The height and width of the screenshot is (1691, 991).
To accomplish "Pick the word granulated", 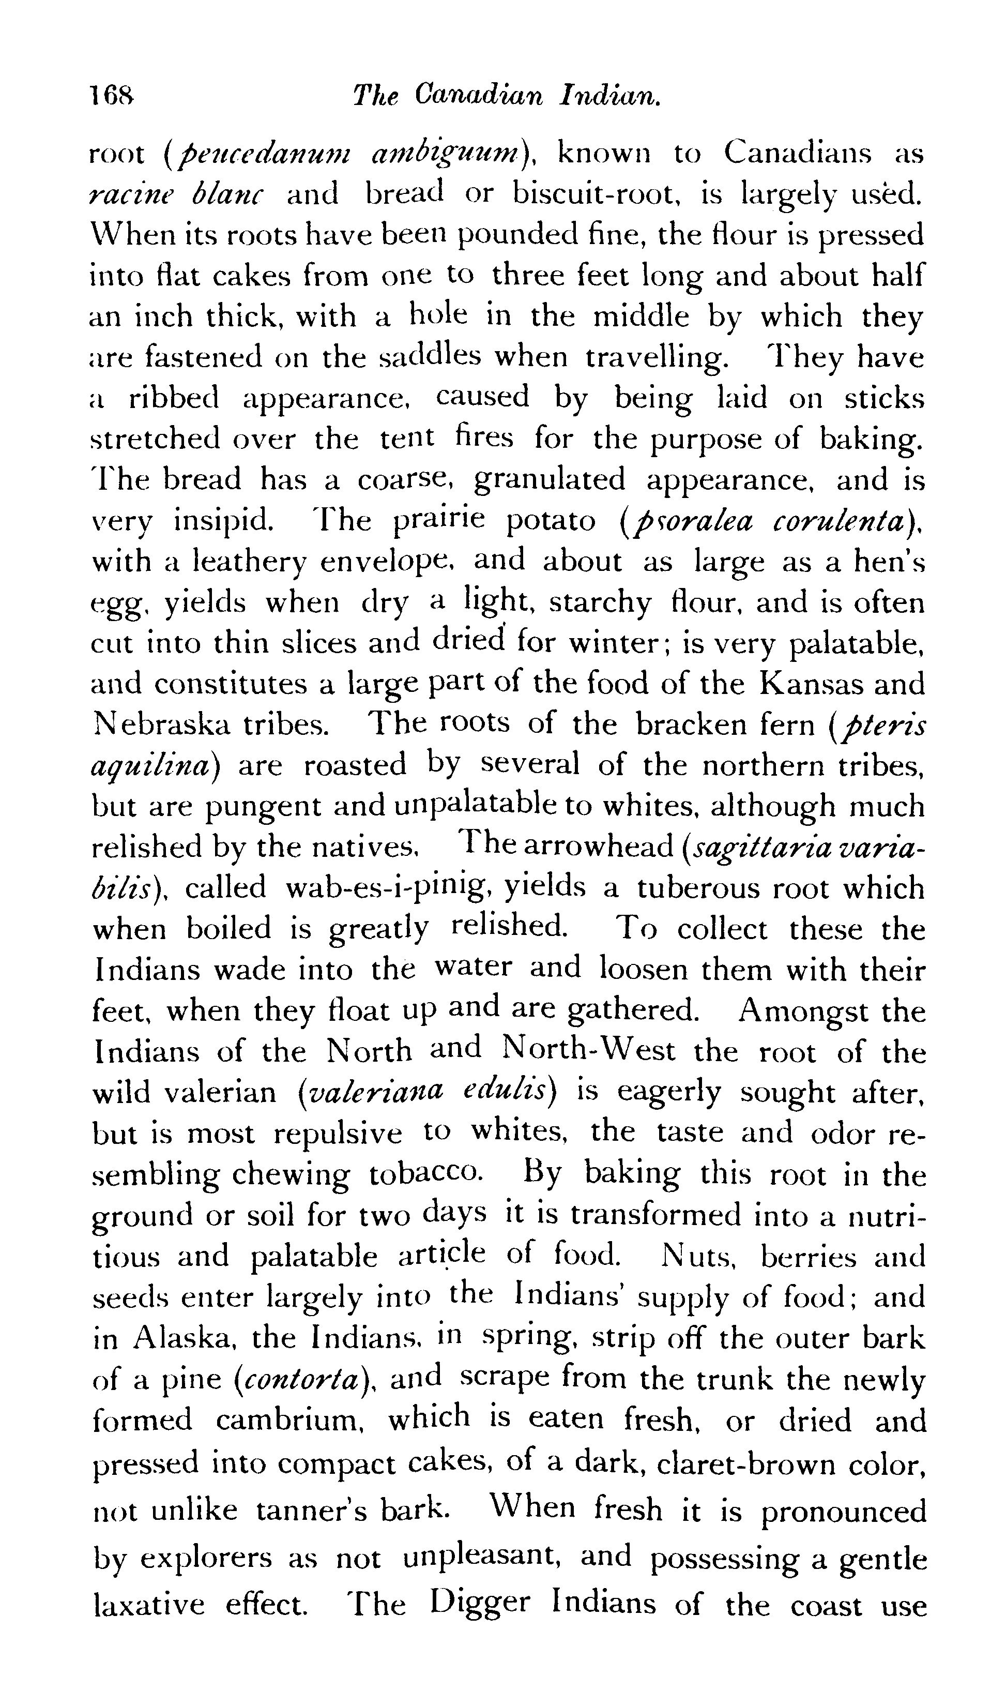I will (x=550, y=480).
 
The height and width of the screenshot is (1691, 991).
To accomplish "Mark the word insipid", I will (x=223, y=520).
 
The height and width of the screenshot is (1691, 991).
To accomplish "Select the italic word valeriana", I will (x=370, y=1093).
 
